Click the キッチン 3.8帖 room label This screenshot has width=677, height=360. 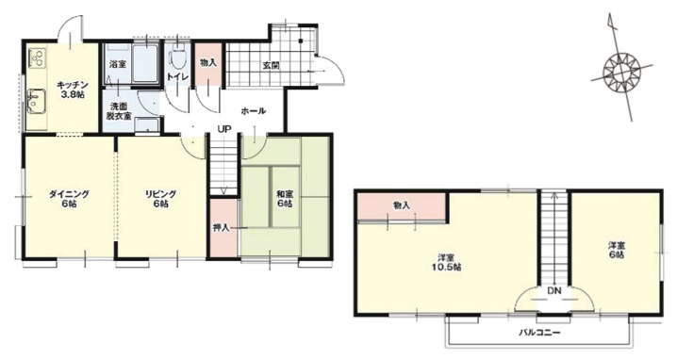click(71, 90)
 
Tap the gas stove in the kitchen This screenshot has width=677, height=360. click(36, 57)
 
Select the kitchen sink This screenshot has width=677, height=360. click(36, 101)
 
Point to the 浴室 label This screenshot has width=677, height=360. click(118, 65)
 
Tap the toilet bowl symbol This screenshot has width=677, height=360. click(178, 58)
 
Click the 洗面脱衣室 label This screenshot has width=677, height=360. click(118, 111)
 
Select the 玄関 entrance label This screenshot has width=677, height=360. click(272, 66)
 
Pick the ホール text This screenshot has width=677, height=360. click(253, 111)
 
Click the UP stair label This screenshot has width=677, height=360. click(224, 128)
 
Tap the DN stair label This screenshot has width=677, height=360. click(554, 291)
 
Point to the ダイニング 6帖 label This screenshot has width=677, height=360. click(69, 199)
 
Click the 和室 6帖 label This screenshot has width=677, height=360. click(285, 198)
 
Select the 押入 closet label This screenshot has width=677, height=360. click(221, 227)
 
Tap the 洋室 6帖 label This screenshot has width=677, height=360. click(617, 250)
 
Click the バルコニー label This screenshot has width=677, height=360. click(539, 333)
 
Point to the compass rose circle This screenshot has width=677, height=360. click(620, 72)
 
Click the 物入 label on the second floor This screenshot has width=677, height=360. click(402, 205)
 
